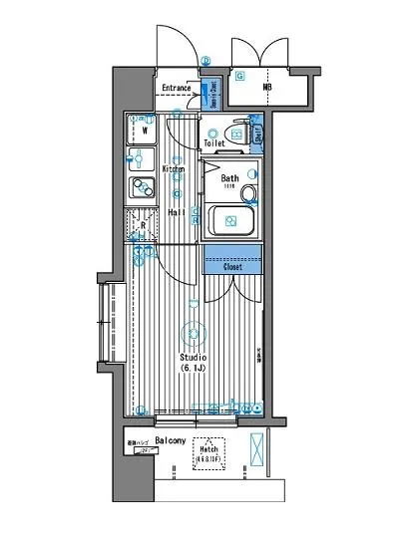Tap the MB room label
click(266, 87)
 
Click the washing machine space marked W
click(144, 130)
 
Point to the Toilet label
click(214, 143)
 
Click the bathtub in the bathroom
click(229, 220)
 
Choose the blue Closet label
click(232, 266)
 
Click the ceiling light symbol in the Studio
click(193, 335)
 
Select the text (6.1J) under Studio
click(193, 369)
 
